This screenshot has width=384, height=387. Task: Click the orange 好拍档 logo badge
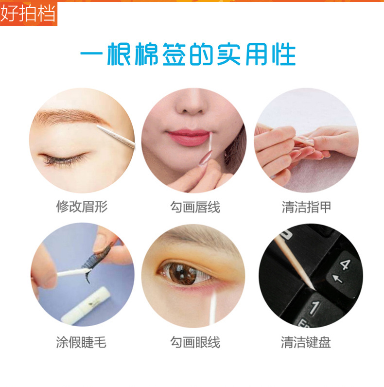[29, 13]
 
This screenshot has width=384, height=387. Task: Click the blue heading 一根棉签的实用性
[188, 54]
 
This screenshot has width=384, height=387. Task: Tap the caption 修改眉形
[82, 206]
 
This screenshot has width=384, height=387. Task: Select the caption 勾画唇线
[195, 207]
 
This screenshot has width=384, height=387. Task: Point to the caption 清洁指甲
[306, 207]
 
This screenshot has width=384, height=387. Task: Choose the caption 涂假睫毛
[81, 342]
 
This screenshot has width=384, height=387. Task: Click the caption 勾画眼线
[195, 342]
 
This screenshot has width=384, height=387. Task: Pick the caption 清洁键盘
[306, 342]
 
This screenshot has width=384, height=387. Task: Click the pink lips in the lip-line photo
[188, 138]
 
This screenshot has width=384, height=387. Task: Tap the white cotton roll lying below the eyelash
[86, 305]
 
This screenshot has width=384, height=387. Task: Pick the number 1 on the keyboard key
[314, 308]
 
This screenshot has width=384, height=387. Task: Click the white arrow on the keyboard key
[337, 279]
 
